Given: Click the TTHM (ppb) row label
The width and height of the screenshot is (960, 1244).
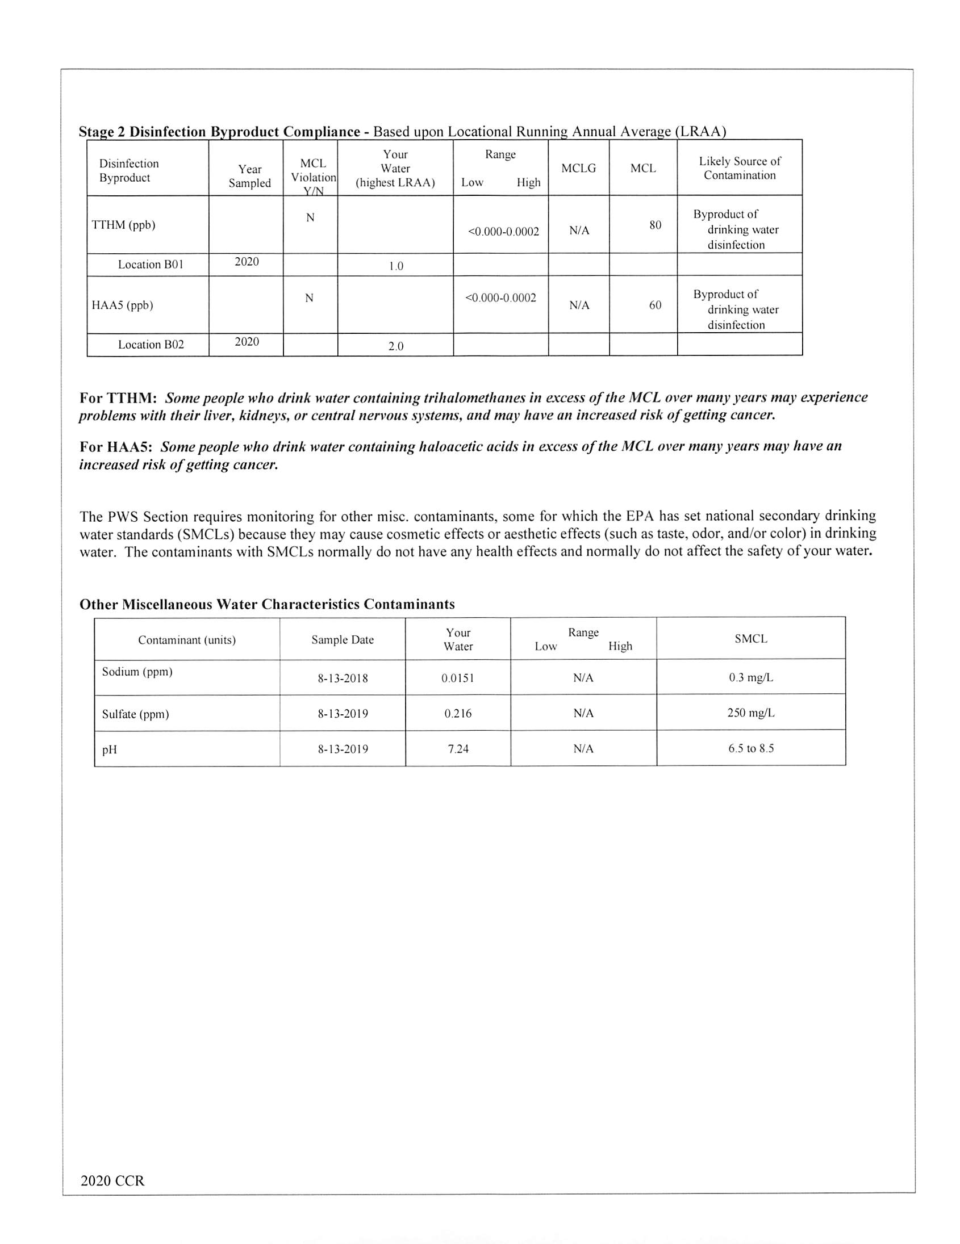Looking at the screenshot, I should (124, 225).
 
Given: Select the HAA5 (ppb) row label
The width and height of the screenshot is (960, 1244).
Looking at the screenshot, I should (123, 305).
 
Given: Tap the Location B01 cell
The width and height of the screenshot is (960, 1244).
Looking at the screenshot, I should (151, 265).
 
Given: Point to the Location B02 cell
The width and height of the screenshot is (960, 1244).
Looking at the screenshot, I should (151, 345).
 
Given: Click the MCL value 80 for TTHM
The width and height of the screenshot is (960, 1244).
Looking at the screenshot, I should (655, 225).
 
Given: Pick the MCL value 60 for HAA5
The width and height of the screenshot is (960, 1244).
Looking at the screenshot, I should (655, 305).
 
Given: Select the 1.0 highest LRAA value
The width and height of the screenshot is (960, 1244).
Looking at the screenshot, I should (396, 266).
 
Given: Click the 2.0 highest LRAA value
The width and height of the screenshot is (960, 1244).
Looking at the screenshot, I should (396, 346).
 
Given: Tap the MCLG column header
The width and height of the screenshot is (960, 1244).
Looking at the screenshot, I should (578, 169).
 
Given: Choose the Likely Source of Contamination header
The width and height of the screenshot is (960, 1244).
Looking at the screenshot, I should (740, 169).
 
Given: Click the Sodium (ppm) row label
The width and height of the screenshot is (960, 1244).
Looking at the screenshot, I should (137, 672).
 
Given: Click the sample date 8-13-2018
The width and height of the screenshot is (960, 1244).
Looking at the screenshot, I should (343, 678).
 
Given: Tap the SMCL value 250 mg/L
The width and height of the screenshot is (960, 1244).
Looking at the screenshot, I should (751, 713).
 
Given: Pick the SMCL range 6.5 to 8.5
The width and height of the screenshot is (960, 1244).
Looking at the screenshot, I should (751, 748).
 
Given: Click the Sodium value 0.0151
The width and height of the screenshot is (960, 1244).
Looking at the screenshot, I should (458, 678).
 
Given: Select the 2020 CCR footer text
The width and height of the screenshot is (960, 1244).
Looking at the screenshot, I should (113, 1182).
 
